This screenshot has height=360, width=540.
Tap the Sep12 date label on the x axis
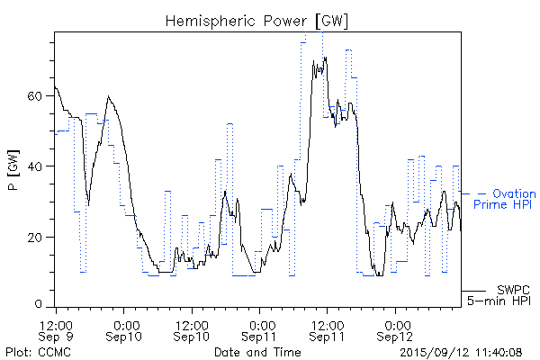click(396, 337)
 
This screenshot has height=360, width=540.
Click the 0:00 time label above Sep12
click(396, 323)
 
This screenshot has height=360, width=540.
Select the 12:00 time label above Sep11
click(328, 323)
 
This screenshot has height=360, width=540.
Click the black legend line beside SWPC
click(474, 291)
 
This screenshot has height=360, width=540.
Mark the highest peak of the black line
click(325, 58)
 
